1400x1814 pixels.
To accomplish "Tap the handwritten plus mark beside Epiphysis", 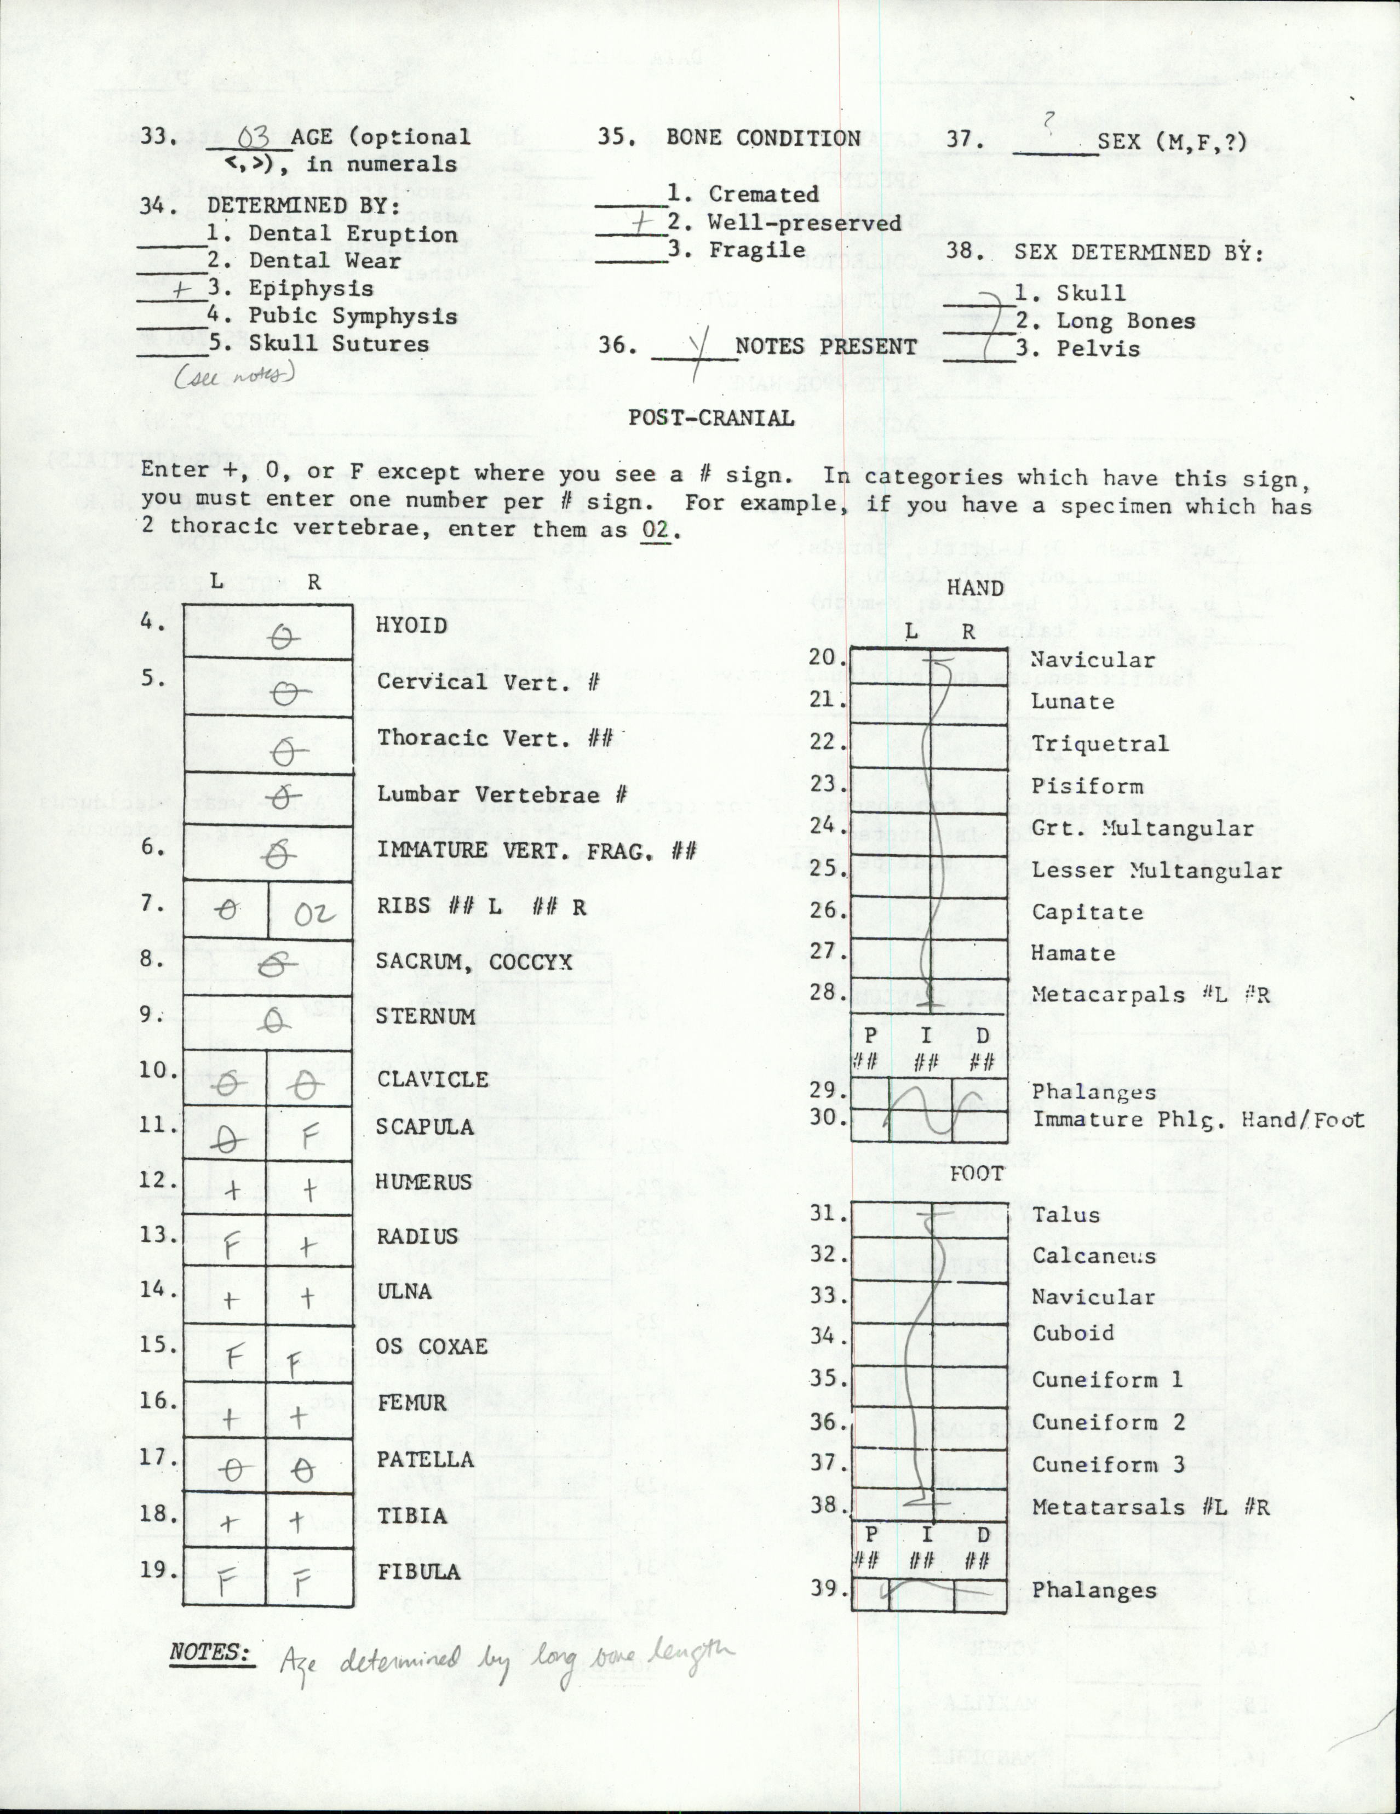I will point(183,288).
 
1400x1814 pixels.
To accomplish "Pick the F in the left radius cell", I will point(230,1247).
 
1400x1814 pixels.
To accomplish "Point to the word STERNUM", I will point(425,1016).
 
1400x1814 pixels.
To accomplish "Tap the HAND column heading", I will point(975,588).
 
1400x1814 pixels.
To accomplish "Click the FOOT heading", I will point(977,1174).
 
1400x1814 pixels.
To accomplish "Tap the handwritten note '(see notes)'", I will point(234,375).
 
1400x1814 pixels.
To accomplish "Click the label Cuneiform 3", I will point(1108,1464).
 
